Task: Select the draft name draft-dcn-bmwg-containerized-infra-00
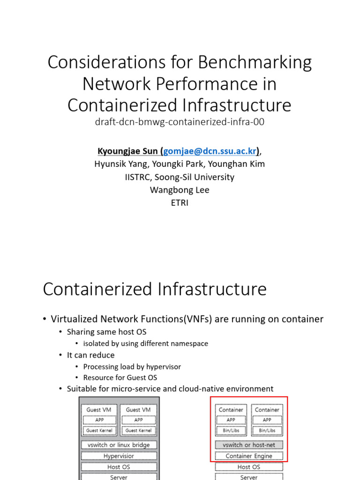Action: (x=180, y=122)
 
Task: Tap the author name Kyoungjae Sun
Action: (x=127, y=151)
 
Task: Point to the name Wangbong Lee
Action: (x=180, y=190)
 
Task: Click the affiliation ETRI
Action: (x=180, y=203)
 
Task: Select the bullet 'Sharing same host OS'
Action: (x=107, y=332)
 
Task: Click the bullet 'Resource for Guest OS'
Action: (x=120, y=377)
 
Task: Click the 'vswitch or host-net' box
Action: (x=248, y=445)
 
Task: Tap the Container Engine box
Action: (x=248, y=456)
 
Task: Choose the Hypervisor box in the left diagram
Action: (x=119, y=456)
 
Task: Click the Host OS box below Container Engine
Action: (x=248, y=467)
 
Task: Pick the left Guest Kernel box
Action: (x=99, y=430)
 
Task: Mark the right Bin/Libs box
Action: (x=267, y=430)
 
